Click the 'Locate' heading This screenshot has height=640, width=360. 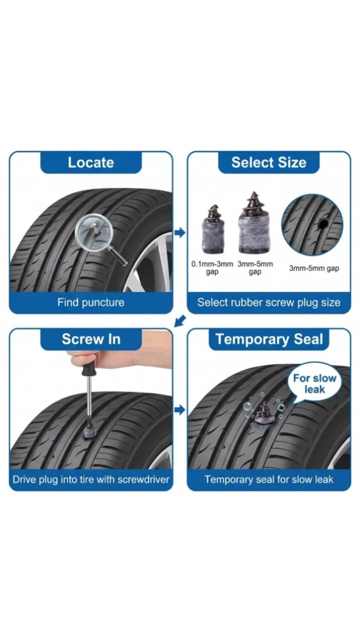click(x=91, y=163)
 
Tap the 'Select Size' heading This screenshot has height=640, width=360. click(x=269, y=163)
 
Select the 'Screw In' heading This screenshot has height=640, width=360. click(x=91, y=339)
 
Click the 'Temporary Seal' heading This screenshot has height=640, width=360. click(x=269, y=340)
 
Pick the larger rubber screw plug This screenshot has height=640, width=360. click(x=254, y=223)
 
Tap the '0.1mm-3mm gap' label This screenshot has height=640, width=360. click(x=212, y=268)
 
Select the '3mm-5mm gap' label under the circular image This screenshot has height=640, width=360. click(x=314, y=268)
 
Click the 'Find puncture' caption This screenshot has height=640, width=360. click(x=91, y=302)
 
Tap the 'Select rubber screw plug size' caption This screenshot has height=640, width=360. click(x=269, y=303)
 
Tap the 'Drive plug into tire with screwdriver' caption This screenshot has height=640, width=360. click(x=91, y=479)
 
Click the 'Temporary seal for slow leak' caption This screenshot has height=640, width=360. click(x=269, y=479)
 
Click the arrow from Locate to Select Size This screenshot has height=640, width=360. click(x=180, y=233)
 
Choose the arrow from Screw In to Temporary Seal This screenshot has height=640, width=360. click(x=180, y=410)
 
